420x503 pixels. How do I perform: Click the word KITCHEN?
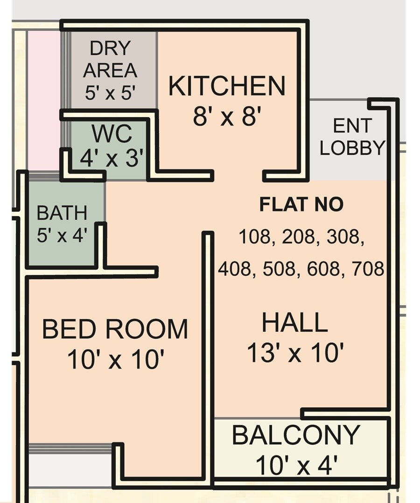[x=226, y=86]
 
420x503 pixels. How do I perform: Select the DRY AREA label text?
[x=110, y=59]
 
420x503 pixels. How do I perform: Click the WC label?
[x=112, y=134]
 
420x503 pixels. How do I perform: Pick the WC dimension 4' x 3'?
[x=111, y=159]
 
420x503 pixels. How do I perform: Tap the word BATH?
[x=62, y=213]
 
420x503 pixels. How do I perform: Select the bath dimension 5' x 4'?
[x=62, y=236]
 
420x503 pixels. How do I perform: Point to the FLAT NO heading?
[x=301, y=205]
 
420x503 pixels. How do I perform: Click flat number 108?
[x=254, y=237]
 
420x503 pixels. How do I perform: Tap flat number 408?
[x=234, y=269]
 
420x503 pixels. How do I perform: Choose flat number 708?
[x=369, y=269]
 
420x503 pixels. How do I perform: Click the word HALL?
[x=294, y=323]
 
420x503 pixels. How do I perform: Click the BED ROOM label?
[x=115, y=329]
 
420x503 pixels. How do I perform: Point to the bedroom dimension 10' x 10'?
[x=115, y=360]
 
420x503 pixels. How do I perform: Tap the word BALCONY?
[x=296, y=435]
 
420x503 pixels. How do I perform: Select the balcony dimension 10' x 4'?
[x=296, y=465]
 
